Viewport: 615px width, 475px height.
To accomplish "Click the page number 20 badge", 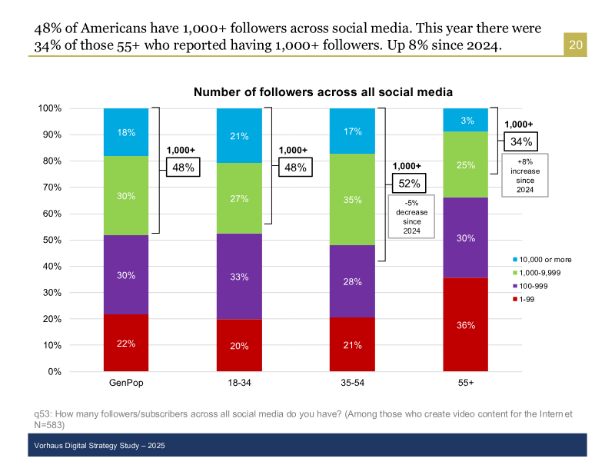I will pyautogui.click(x=576, y=45).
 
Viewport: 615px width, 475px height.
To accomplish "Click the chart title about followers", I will pyautogui.click(x=323, y=92).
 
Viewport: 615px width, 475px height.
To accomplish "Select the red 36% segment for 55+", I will pyautogui.click(x=466, y=324).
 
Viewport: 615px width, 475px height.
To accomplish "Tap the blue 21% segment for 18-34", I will pyautogui.click(x=239, y=136).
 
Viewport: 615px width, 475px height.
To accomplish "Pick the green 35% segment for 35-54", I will pyautogui.click(x=352, y=199).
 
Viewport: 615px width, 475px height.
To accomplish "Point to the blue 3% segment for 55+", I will pyautogui.click(x=466, y=120).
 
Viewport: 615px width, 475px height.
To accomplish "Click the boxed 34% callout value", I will pyautogui.click(x=519, y=141).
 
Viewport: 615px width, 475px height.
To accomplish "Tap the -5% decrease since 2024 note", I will pyautogui.click(x=407, y=217).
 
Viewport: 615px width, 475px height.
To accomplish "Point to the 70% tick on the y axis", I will pyautogui.click(x=51, y=187).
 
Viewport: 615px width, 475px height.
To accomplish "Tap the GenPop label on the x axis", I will pyautogui.click(x=126, y=382).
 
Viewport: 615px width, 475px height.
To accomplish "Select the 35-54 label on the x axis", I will pyautogui.click(x=352, y=382).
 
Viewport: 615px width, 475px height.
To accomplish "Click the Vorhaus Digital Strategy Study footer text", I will pyautogui.click(x=100, y=446).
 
